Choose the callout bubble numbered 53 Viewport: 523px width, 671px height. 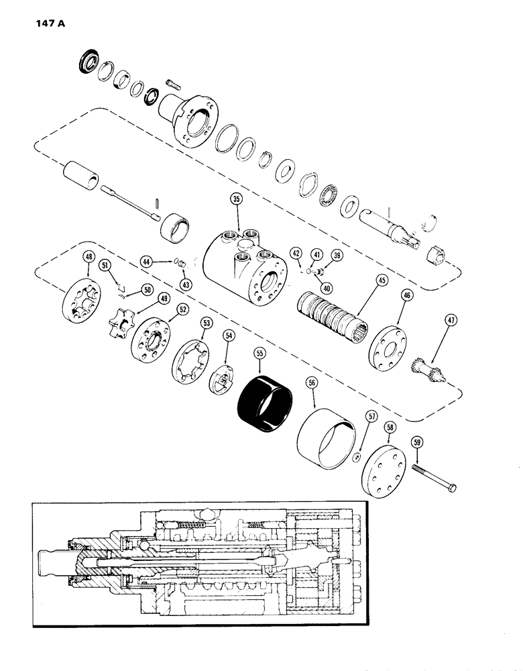coord(207,323)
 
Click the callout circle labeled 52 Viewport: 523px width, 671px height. coord(181,309)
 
